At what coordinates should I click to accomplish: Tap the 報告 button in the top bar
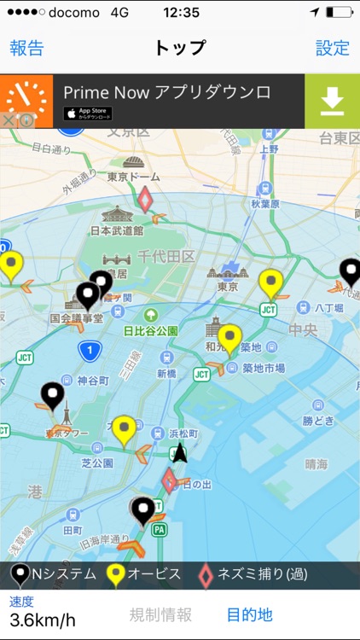[x=26, y=48]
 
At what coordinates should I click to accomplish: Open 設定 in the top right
[x=333, y=48]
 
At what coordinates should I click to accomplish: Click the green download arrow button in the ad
[x=332, y=101]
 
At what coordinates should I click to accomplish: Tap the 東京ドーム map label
[x=134, y=177]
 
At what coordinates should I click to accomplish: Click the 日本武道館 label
[x=116, y=230]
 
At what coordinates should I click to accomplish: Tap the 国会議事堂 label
[x=76, y=318]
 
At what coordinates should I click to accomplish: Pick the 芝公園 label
[x=97, y=463]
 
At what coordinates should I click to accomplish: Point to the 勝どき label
[x=319, y=421]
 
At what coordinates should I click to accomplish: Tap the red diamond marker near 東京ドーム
[x=146, y=201]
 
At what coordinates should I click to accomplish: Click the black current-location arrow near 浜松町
[x=179, y=453]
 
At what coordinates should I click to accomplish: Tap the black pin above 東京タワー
[x=53, y=395]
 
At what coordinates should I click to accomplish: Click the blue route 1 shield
[x=88, y=350]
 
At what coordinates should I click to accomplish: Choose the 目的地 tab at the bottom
[x=249, y=614]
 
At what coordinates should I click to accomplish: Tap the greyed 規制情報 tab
[x=160, y=614]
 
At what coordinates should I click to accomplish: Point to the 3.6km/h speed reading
[x=43, y=620]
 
